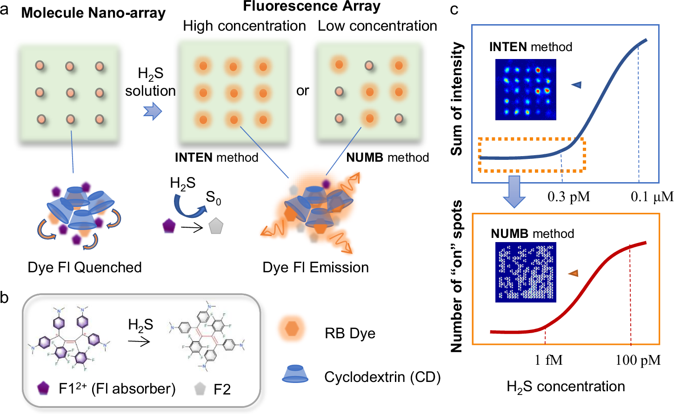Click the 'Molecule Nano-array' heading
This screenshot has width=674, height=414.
click(x=93, y=13)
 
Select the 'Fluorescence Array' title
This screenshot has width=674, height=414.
click(x=311, y=6)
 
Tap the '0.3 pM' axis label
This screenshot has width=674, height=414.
click(x=568, y=197)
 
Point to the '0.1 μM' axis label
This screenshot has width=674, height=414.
click(x=652, y=197)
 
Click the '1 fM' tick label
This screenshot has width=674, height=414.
click(x=548, y=360)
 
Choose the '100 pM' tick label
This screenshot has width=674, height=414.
click(x=638, y=360)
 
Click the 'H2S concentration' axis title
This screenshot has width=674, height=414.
click(x=566, y=387)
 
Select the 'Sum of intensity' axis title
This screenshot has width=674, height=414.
click(x=457, y=99)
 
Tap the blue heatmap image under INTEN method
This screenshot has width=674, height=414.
click(x=526, y=89)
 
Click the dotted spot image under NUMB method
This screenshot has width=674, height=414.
click(x=526, y=272)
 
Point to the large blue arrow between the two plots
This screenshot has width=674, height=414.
click(x=514, y=191)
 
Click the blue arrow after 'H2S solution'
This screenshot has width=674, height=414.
click(x=152, y=112)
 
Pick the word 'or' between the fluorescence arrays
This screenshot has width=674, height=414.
click(x=302, y=91)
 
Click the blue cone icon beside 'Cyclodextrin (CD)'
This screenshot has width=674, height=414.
click(x=295, y=374)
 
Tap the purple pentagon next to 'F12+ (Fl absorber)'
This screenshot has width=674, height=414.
click(x=43, y=388)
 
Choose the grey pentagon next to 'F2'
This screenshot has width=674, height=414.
click(x=200, y=388)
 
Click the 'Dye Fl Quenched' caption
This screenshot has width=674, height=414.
click(x=85, y=267)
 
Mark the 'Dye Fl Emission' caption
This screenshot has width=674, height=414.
click(x=315, y=267)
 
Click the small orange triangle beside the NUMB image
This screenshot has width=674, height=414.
click(x=573, y=273)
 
